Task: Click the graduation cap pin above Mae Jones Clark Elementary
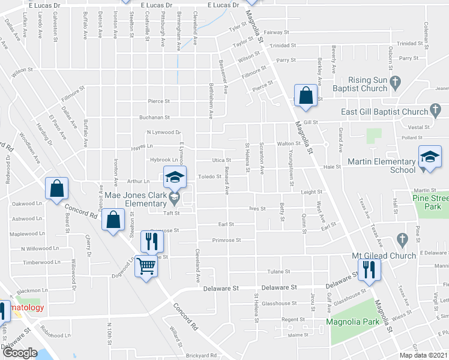click(175, 177)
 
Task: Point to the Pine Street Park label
click(430, 202)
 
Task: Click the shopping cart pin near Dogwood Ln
click(146, 265)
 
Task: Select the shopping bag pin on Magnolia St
click(306, 95)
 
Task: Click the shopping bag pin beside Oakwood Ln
click(56, 188)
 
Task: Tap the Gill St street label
click(310, 122)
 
